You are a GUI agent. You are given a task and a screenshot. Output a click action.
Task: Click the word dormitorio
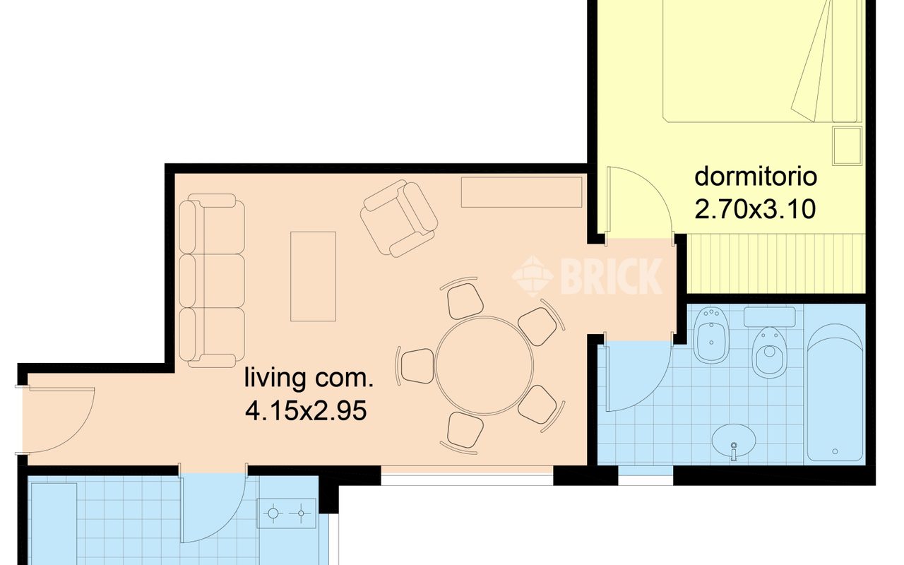tap(756, 177)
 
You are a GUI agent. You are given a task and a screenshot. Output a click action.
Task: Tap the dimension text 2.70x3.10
tap(755, 209)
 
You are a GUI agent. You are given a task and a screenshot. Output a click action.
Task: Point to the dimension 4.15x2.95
tap(307, 411)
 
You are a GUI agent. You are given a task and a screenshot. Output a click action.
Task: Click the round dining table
tap(484, 366)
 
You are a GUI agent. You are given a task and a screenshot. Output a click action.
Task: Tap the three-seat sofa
tap(211, 281)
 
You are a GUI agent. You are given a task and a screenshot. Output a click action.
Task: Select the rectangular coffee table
tap(313, 276)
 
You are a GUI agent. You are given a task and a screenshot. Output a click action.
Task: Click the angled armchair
tap(399, 218)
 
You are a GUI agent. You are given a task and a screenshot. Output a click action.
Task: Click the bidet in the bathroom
tap(711, 335)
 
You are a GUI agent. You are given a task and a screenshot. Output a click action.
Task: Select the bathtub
tap(835, 392)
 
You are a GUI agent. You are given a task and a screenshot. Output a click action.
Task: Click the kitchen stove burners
tap(287, 513)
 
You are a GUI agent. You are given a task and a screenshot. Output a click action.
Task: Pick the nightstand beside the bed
tap(847, 145)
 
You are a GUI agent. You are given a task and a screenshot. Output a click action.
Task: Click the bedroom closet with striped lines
tap(776, 263)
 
